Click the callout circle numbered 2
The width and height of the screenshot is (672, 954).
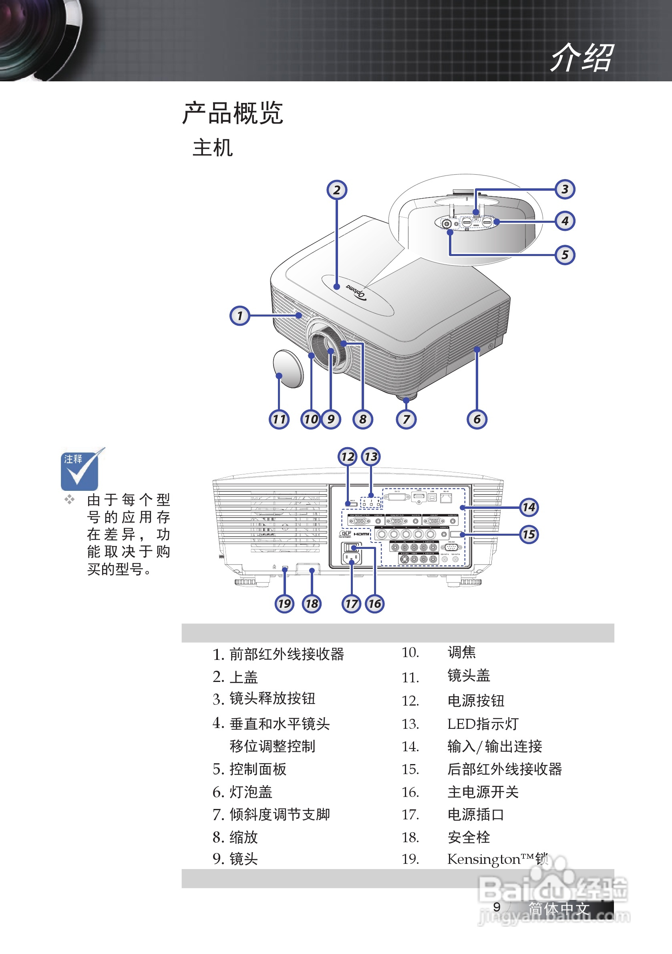(x=337, y=190)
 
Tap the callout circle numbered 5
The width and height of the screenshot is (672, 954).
(x=565, y=255)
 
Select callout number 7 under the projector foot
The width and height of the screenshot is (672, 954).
(x=406, y=419)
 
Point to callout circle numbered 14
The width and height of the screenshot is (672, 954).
(x=529, y=507)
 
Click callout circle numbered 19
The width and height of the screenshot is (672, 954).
(x=284, y=603)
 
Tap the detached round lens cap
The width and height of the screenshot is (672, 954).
(x=289, y=369)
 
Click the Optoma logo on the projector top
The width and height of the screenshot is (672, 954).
(x=356, y=292)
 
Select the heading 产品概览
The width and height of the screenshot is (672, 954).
(x=233, y=113)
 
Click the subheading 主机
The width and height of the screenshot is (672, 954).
(x=212, y=148)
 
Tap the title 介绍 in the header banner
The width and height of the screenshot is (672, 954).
(x=581, y=57)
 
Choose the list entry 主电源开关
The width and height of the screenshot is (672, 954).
(x=483, y=792)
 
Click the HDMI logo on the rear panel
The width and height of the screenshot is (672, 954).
(x=362, y=534)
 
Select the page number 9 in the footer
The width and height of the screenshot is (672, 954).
(x=497, y=907)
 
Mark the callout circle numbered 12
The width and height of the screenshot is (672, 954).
(x=348, y=457)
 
